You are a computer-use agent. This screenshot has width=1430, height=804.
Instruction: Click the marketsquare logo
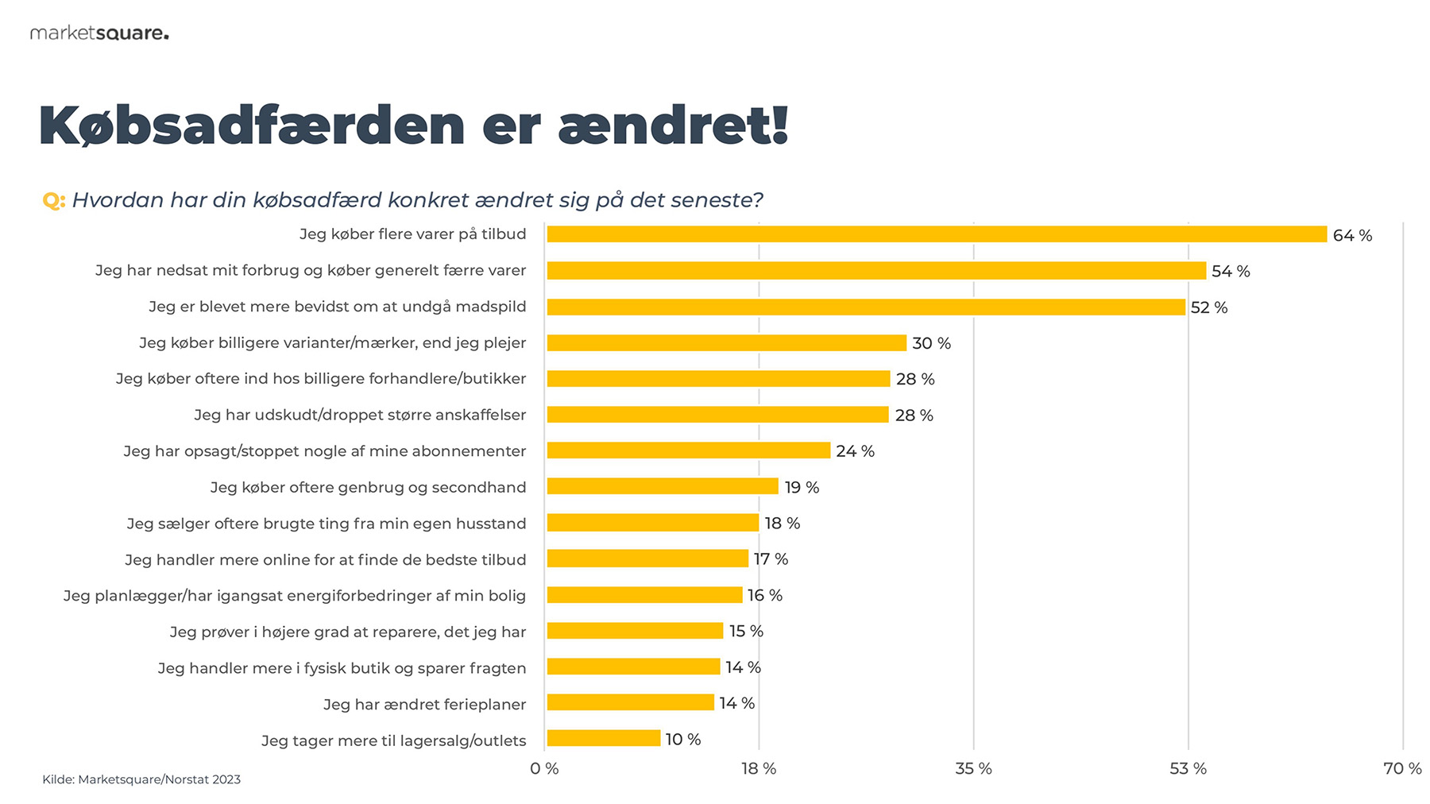99,33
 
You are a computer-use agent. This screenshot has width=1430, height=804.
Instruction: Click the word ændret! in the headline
673,126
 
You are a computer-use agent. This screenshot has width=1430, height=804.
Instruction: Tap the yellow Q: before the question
53,200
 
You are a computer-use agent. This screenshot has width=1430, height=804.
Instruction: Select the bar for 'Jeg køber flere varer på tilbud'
937,234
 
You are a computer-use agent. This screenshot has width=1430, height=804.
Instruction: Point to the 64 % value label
1352,235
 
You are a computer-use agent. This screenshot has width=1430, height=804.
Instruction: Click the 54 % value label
1231,272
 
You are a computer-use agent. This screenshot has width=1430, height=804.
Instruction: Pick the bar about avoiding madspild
866,307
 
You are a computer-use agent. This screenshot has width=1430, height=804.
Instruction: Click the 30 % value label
931,343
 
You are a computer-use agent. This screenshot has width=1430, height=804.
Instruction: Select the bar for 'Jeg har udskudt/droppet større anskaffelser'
717,415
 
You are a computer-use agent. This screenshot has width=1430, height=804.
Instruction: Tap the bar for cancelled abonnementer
689,450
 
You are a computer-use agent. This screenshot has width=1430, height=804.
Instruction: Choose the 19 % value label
802,487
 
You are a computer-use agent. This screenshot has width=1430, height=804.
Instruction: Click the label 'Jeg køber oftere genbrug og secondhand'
368,487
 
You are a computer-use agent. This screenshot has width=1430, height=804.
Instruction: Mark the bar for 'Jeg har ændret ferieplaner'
631,702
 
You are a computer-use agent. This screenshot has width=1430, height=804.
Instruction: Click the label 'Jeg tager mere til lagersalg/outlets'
393,740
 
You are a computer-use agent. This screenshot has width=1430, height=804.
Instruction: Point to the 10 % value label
683,740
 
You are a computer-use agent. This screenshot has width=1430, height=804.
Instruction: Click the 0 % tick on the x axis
544,768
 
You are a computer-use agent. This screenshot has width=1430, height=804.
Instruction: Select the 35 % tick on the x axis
973,768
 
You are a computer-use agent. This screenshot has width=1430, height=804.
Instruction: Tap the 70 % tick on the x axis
1402,768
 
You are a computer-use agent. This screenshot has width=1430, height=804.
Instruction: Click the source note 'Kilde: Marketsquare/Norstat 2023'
141,779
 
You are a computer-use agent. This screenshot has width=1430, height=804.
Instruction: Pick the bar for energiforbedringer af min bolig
644,595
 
